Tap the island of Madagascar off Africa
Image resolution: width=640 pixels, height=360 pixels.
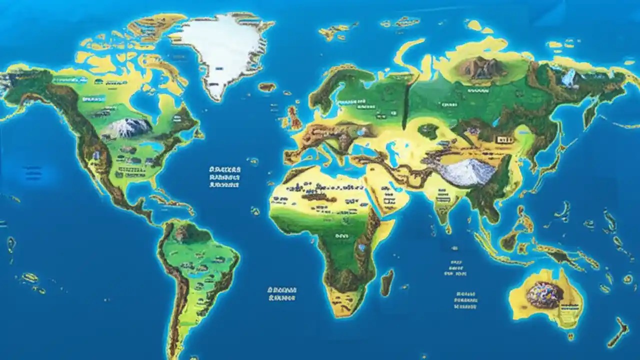[386, 282]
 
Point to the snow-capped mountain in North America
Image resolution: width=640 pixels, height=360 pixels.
[127, 128]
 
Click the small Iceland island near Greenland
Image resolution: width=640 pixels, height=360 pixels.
[267, 87]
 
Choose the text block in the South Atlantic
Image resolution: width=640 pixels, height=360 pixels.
[282, 293]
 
